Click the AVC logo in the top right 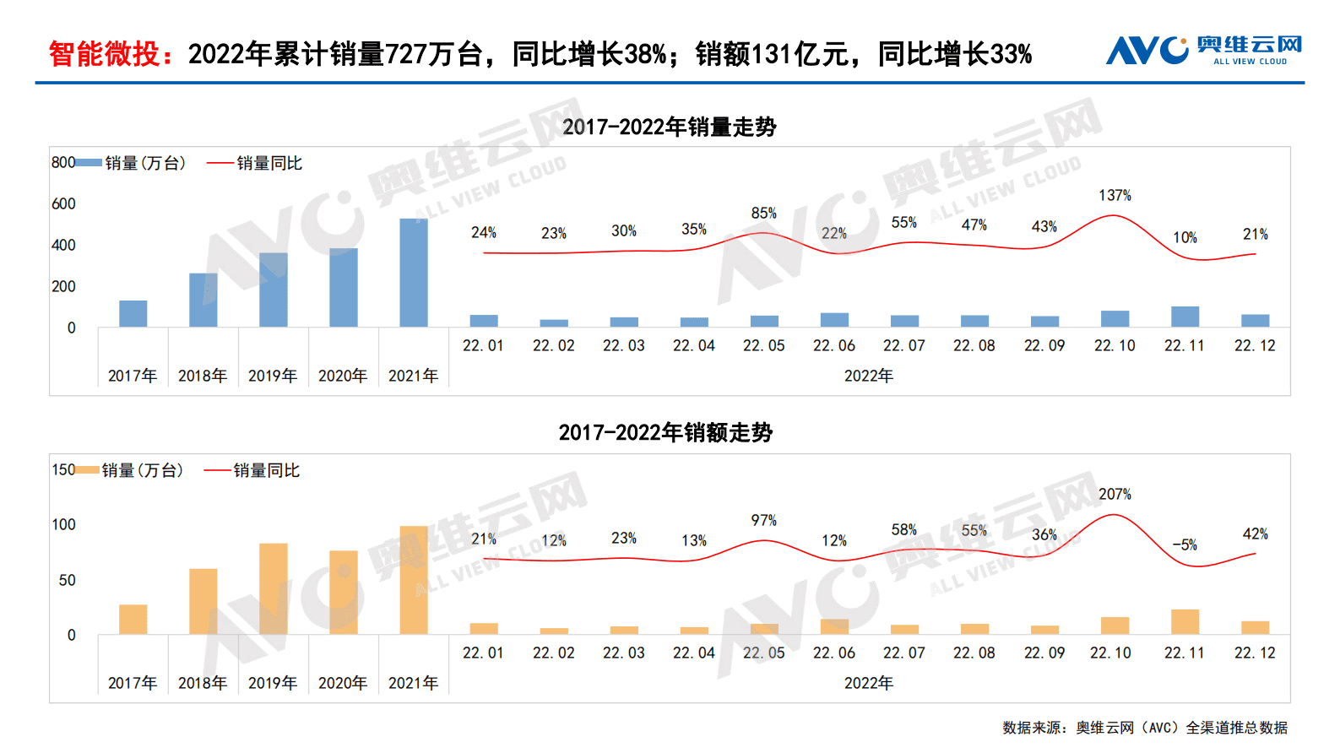click(x=1203, y=50)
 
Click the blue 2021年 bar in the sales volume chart click(x=413, y=273)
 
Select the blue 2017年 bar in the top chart click(x=133, y=313)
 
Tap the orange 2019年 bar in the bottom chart click(x=273, y=588)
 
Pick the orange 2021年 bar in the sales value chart click(x=413, y=580)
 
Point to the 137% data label click(x=1115, y=195)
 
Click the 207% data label click(x=1115, y=494)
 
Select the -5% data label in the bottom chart click(x=1185, y=544)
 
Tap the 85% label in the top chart click(x=764, y=213)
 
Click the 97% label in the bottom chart click(x=764, y=520)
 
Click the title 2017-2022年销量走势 click(x=670, y=127)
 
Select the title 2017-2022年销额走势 click(x=665, y=432)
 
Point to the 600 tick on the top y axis click(x=63, y=203)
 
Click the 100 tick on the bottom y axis click(x=63, y=524)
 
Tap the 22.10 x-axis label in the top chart click(x=1115, y=345)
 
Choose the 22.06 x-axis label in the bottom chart click(x=834, y=653)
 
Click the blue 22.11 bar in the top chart click(x=1185, y=317)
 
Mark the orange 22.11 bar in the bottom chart click(x=1185, y=622)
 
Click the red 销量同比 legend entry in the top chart click(x=255, y=163)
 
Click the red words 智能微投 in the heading click(x=104, y=54)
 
